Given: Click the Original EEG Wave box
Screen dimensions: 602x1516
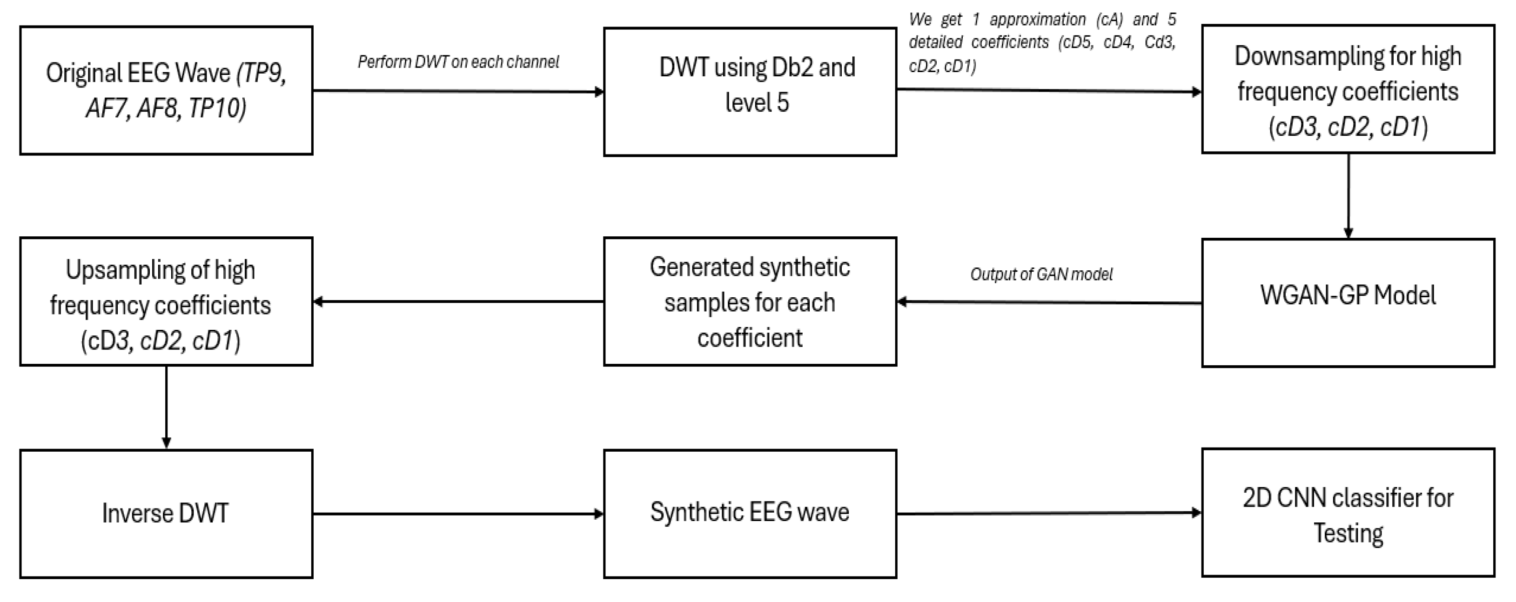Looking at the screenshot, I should (x=166, y=91).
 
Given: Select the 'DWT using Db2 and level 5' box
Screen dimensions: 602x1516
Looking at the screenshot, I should (x=750, y=92).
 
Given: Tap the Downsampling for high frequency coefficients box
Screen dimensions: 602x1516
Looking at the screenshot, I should (x=1348, y=89).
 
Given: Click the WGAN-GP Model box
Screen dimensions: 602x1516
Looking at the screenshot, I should (x=1348, y=303).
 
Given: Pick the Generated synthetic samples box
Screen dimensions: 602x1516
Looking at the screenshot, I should (x=750, y=302).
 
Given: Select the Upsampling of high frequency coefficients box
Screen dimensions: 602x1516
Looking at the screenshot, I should (x=166, y=302).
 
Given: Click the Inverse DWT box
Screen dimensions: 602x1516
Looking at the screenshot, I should (x=166, y=514).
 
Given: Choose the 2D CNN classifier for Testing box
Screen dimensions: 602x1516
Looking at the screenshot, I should (x=1348, y=513).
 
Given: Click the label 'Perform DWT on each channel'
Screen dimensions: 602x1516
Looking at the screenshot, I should (x=458, y=62).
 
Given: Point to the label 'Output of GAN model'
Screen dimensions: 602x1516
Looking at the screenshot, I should (x=1041, y=274).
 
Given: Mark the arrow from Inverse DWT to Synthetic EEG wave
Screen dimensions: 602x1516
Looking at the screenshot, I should (x=458, y=514).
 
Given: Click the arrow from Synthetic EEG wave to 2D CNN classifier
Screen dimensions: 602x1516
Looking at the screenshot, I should (x=1049, y=513).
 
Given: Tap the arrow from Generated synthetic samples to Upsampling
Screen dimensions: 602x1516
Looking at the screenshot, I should (x=458, y=302).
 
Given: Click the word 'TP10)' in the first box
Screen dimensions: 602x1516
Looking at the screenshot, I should (x=216, y=109).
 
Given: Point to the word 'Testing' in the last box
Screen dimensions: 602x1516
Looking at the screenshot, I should (x=1348, y=533).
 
